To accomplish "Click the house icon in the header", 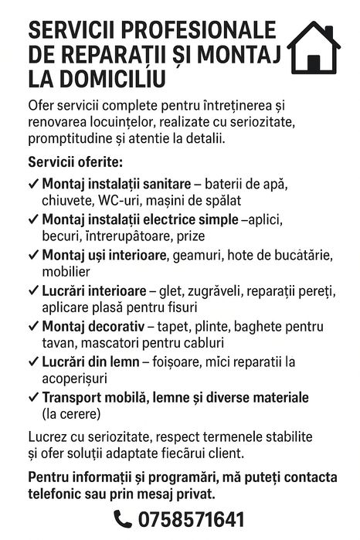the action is click(x=314, y=48).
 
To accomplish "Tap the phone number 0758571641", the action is click(x=191, y=519).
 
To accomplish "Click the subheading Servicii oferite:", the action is click(x=75, y=162).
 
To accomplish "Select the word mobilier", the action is click(x=66, y=271).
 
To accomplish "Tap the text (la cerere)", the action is click(x=72, y=414).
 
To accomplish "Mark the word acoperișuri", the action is click(x=74, y=379).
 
